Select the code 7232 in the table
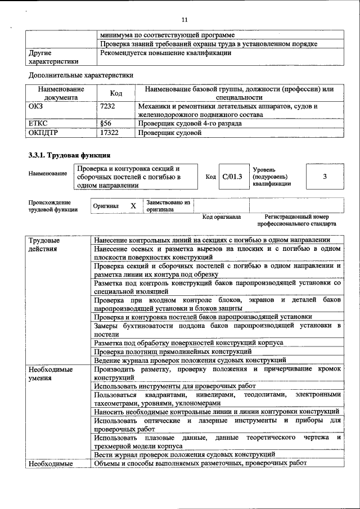coord(107,106)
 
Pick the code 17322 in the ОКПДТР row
coord(109,133)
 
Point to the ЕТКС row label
coord(38,124)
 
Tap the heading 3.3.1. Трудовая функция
coord(69,155)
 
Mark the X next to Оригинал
coord(133,206)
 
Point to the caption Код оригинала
coord(222,217)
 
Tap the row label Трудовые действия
coord(45,245)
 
